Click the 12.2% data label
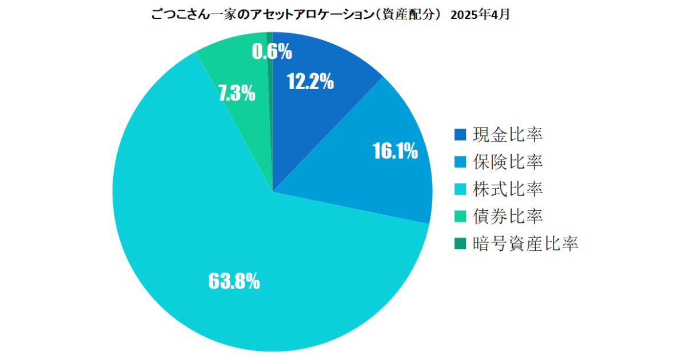coord(310,83)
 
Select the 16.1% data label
coord(394,151)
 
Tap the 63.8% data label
coord(234,281)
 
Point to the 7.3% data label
coord(237,93)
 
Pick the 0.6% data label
coord(272,52)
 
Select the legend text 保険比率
coord(508,162)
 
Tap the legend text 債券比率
coord(508,217)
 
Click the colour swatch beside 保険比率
coord(460,162)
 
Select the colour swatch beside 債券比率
coord(460,217)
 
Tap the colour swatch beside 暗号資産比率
coord(460,244)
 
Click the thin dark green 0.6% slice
coord(270,114)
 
